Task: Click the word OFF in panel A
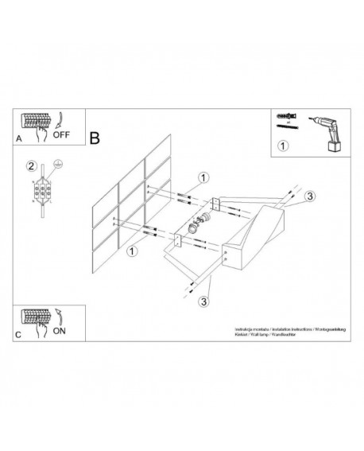tap(61, 135)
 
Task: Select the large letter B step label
tap(95, 138)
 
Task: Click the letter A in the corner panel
tap(19, 138)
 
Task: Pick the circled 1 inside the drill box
tap(283, 146)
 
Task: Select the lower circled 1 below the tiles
tap(130, 251)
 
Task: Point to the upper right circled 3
tap(311, 196)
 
